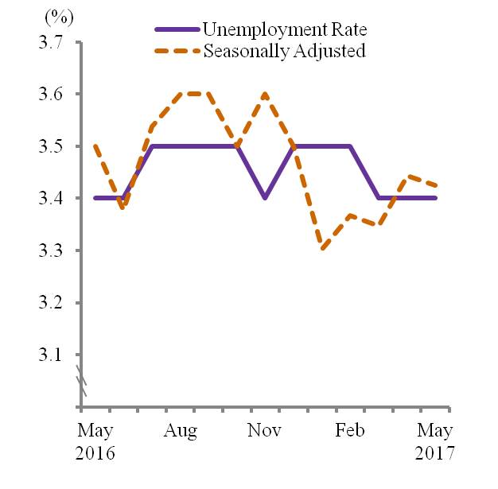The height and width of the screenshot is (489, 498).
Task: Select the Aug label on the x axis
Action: (x=181, y=431)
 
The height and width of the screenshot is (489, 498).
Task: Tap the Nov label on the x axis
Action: (x=265, y=431)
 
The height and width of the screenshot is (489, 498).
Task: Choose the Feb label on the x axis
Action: (x=350, y=431)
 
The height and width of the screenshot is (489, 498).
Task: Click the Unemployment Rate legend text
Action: (x=283, y=30)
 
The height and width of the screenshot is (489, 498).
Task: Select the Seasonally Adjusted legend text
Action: (x=284, y=51)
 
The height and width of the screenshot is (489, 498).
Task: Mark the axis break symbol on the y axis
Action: (x=81, y=380)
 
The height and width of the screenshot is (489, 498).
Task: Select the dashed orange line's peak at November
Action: (x=265, y=95)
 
